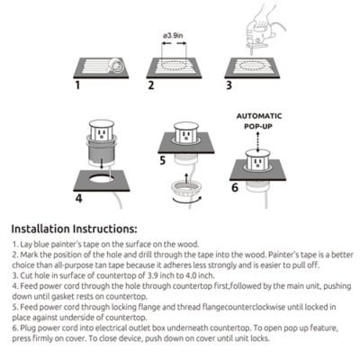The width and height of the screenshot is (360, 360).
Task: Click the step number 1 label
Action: pos(78,86)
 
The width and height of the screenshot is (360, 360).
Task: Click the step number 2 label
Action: pos(151,86)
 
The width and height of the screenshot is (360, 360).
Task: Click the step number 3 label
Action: pos(229,86)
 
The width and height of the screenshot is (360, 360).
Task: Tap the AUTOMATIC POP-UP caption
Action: pos(259,122)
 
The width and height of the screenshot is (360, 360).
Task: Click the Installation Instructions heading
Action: pos(74,229)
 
